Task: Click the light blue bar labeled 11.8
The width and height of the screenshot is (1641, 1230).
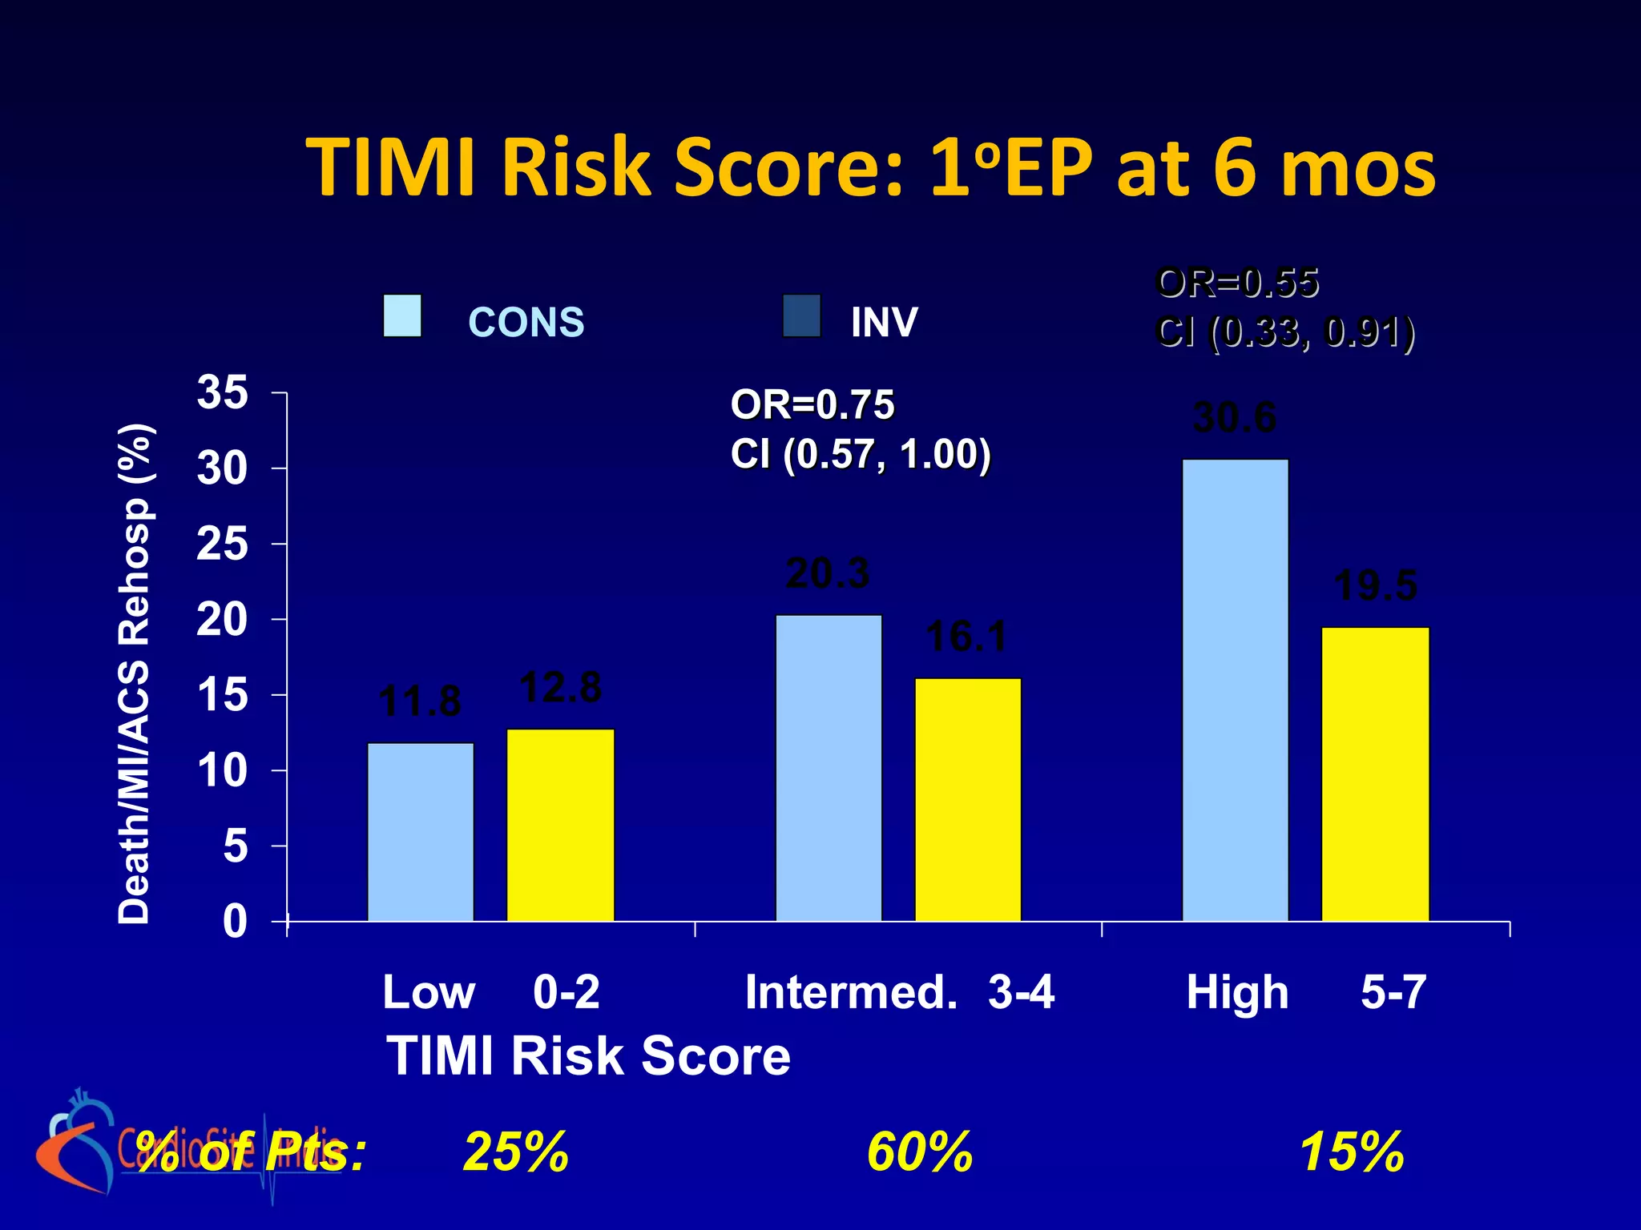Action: pyautogui.click(x=421, y=833)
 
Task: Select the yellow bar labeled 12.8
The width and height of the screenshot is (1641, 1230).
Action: pyautogui.click(x=561, y=825)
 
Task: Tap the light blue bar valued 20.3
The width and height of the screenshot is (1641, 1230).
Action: pyautogui.click(x=829, y=769)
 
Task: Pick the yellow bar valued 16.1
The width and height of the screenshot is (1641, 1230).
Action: pyautogui.click(x=968, y=801)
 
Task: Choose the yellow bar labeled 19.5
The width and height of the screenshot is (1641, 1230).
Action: pyautogui.click(x=1375, y=774)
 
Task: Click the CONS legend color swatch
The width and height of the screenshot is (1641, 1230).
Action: pyautogui.click(x=402, y=316)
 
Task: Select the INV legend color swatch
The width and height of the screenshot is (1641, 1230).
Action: pyautogui.click(x=801, y=316)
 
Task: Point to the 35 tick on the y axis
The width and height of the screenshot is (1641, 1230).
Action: pyautogui.click(x=223, y=393)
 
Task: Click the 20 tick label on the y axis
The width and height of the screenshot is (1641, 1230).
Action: pyautogui.click(x=223, y=620)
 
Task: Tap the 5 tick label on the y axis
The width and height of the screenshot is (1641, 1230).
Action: pyautogui.click(x=236, y=846)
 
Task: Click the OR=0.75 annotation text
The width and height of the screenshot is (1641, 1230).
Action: pyautogui.click(x=812, y=405)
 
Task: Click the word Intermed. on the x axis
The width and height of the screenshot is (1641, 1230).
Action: pyautogui.click(x=851, y=993)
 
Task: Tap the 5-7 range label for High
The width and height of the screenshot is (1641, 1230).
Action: pyautogui.click(x=1393, y=993)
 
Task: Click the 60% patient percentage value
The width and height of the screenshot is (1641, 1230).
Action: pyautogui.click(x=920, y=1152)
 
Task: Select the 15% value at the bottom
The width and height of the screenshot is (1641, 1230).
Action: pyautogui.click(x=1352, y=1152)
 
